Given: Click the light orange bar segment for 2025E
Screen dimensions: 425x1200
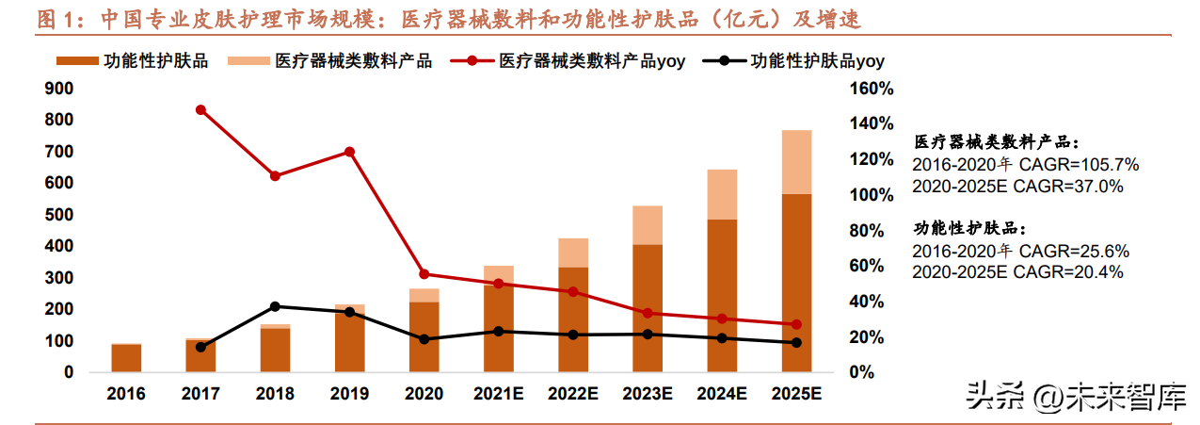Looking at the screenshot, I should (x=796, y=162).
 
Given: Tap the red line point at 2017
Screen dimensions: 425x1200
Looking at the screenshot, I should (x=200, y=109).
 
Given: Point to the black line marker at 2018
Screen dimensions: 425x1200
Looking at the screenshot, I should (x=275, y=306).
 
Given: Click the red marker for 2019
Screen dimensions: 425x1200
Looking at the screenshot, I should (x=349, y=152).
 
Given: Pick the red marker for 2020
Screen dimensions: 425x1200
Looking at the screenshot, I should (x=424, y=274).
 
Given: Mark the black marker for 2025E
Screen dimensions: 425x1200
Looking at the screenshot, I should (x=796, y=342).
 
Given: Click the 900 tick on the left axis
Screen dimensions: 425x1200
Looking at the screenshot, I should (x=60, y=89).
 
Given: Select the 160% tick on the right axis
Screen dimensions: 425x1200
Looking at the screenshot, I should (x=872, y=89).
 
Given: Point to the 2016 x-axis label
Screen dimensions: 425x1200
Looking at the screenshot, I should (x=126, y=395).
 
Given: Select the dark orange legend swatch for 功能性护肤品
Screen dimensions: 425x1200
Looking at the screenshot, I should (x=77, y=61).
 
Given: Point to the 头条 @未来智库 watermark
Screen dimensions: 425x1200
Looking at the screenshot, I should (x=1074, y=399).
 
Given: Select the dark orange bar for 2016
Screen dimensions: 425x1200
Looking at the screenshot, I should (x=126, y=358).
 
